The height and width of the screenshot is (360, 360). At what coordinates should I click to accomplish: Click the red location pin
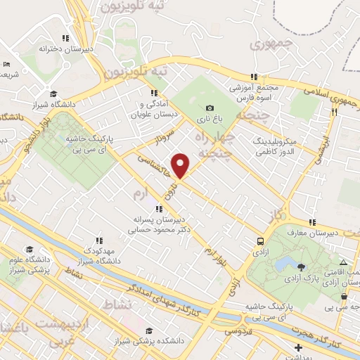pyautogui.click(x=181, y=166)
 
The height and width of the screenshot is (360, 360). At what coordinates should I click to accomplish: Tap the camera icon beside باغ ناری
pyautogui.click(x=209, y=108)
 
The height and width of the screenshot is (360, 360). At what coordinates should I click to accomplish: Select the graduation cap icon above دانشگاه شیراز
pyautogui.click(x=53, y=94)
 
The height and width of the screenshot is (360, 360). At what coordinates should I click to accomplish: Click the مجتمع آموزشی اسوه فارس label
pyautogui.click(x=255, y=91)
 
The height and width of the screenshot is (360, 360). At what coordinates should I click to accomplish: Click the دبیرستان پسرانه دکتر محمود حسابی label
pyautogui.click(x=164, y=224)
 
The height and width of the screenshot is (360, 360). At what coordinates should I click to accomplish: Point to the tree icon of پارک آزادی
pyautogui.click(x=302, y=266)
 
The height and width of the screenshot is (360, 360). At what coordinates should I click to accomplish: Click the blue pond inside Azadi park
pyautogui.click(x=286, y=264)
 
